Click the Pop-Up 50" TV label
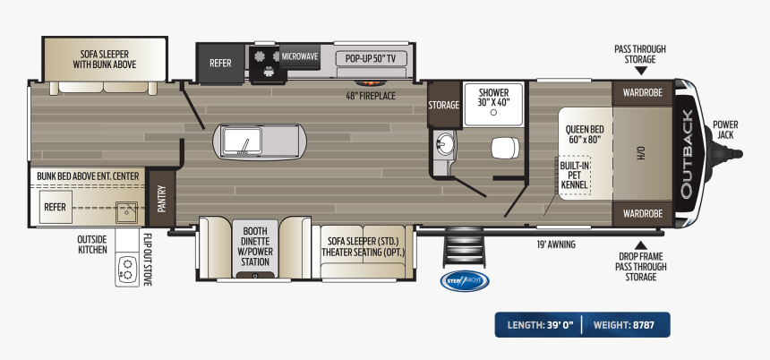(370, 59)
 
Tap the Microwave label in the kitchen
(300, 56)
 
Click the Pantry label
(162, 197)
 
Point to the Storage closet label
(443, 105)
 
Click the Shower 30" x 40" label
(492, 98)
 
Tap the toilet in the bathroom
(504, 148)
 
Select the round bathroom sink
(445, 141)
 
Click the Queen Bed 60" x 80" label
(584, 134)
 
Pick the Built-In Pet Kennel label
(574, 176)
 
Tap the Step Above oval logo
(464, 280)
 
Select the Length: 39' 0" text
(540, 323)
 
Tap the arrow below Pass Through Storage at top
(640, 73)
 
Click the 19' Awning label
(556, 244)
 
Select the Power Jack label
(725, 129)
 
